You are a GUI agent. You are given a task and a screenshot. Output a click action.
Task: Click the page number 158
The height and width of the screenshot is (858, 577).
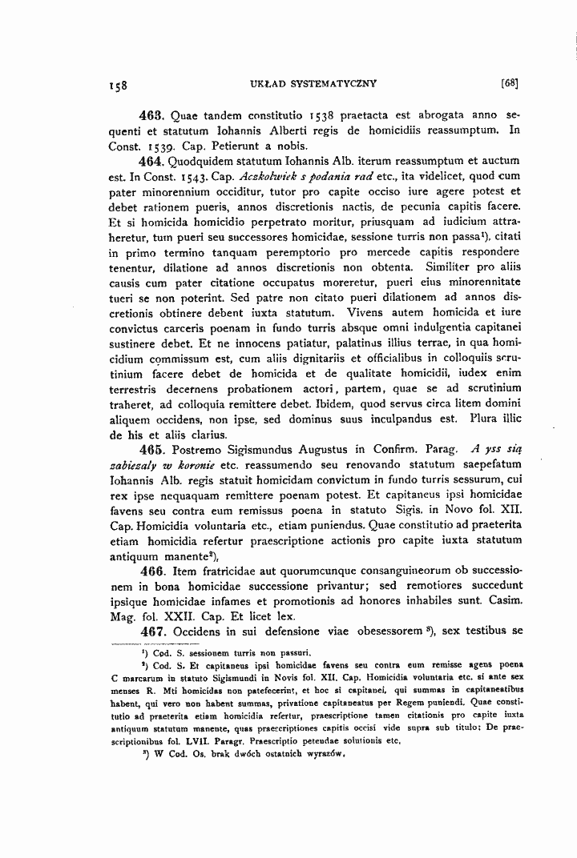(119, 82)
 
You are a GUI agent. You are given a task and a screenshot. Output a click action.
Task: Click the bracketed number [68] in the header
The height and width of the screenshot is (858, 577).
(510, 82)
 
